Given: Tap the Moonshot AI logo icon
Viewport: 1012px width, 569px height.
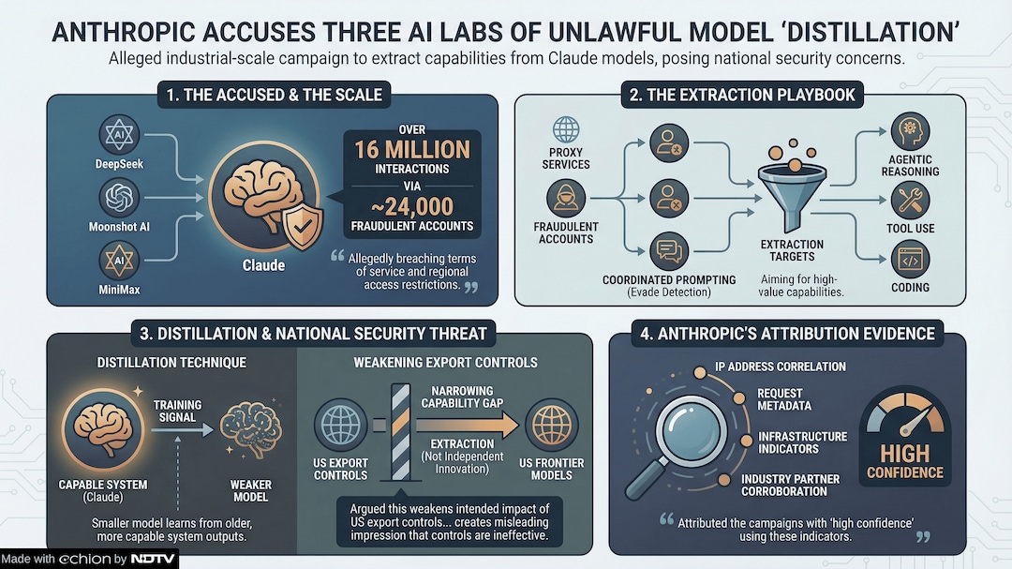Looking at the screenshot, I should [x=120, y=199].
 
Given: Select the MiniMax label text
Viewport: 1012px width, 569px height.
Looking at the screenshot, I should [x=119, y=290].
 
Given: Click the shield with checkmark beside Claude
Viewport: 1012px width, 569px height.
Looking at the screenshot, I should [x=303, y=226].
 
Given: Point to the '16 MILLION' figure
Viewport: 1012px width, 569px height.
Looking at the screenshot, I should [x=411, y=149].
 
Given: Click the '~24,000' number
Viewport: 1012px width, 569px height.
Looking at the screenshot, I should [x=411, y=206].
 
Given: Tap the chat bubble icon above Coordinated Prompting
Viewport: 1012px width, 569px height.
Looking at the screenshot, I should [x=668, y=250].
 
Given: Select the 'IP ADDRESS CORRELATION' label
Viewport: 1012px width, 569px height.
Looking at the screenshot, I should [x=780, y=367].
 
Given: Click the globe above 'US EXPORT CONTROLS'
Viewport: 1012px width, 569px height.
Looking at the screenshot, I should [x=339, y=426].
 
